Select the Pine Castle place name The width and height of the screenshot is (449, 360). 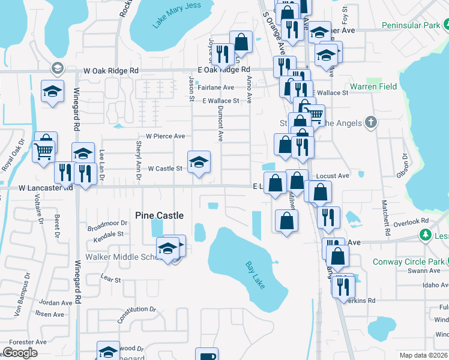point(159,215)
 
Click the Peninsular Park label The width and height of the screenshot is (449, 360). point(411,26)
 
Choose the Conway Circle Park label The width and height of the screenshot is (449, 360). point(408,262)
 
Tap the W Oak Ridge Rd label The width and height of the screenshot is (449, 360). point(111,70)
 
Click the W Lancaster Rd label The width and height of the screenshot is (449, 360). point(46,188)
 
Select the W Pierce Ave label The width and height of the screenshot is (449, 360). point(161,136)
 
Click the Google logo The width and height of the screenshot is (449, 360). point(20,353)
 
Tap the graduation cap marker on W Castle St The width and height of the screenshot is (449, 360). point(199,162)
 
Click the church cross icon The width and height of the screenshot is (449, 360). point(371,123)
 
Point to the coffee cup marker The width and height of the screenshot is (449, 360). point(207,355)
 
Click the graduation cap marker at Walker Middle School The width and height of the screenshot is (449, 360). point(167,248)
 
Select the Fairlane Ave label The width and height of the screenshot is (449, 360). point(216,88)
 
